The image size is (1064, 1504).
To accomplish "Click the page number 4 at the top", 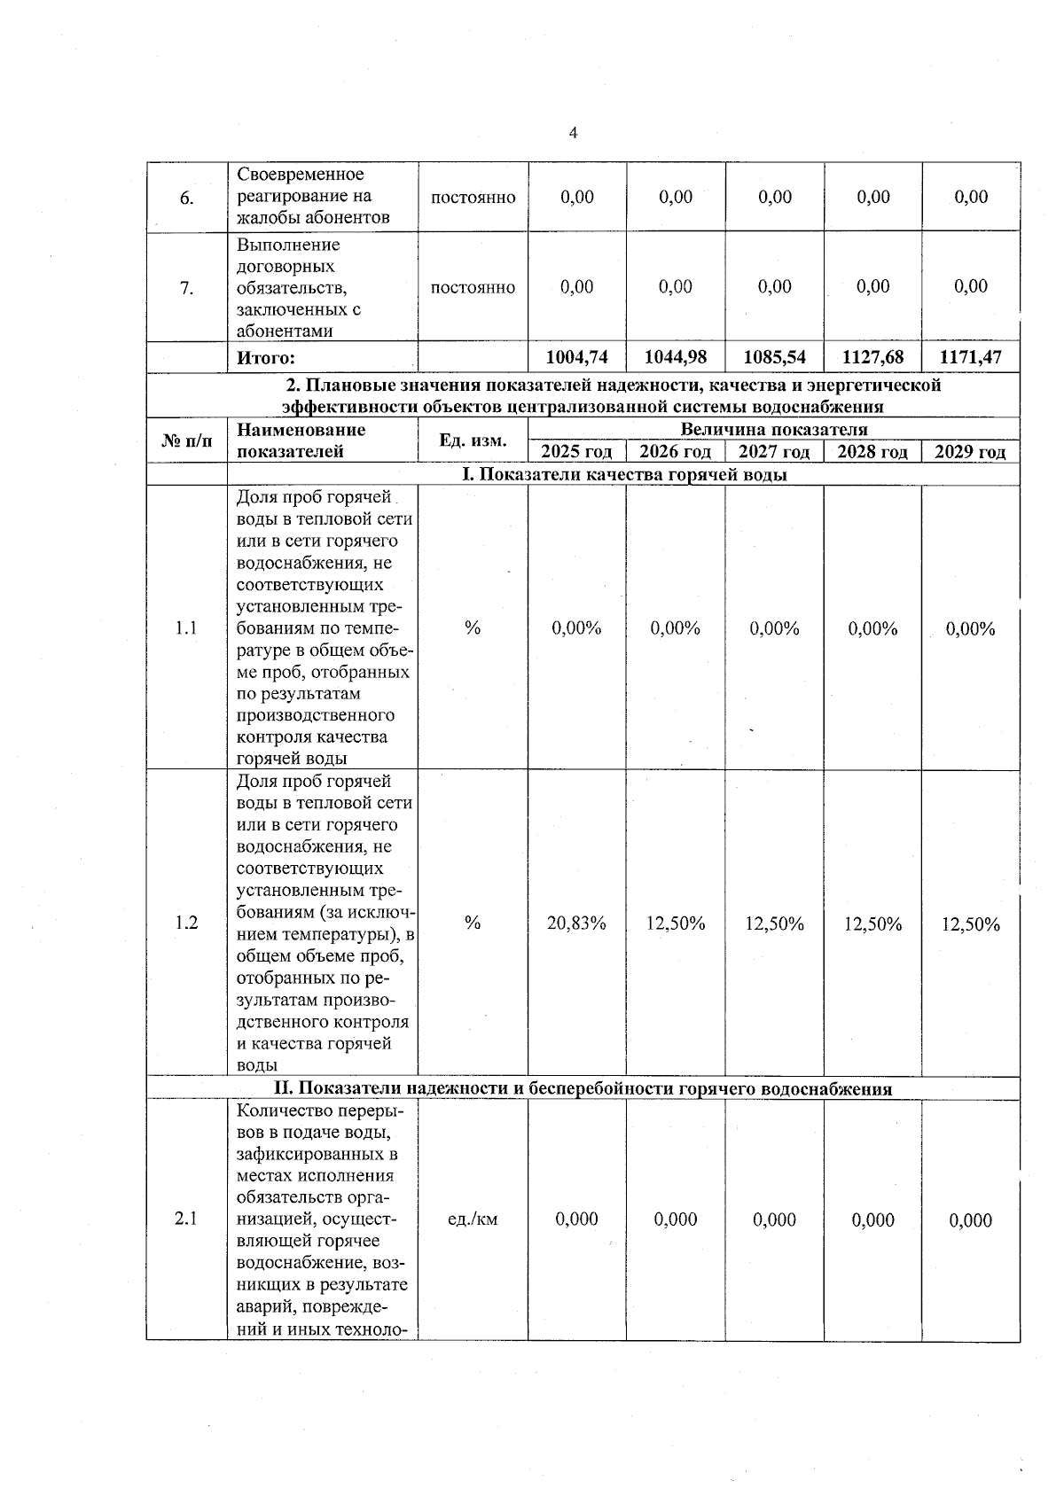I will (x=573, y=133).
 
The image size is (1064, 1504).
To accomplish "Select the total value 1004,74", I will (x=577, y=357).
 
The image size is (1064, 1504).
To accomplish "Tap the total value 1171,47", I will (x=971, y=357).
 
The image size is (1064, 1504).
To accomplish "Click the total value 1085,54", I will (x=775, y=357).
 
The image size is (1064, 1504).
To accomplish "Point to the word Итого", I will (x=265, y=358).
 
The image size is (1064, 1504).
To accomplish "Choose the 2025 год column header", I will (x=577, y=452).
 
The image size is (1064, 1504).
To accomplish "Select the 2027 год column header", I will (x=774, y=452).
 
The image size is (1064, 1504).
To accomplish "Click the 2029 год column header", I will (x=971, y=452).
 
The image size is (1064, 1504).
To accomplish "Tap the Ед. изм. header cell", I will (x=473, y=440).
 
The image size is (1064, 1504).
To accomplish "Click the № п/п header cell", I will (x=187, y=440).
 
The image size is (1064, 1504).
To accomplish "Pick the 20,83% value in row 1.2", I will (x=577, y=923).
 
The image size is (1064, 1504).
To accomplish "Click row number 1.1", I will (x=186, y=628).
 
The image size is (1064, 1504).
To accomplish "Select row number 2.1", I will (x=186, y=1219).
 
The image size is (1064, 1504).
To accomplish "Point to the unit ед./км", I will (x=473, y=1220).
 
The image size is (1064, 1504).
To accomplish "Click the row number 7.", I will (x=186, y=287).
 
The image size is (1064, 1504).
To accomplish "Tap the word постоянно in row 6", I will (x=473, y=198).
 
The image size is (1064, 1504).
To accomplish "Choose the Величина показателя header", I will (x=774, y=429).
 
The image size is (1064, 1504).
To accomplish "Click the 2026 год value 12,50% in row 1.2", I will (x=676, y=923).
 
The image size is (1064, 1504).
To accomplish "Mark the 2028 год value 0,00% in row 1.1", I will (x=872, y=628).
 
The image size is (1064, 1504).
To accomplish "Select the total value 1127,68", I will (x=872, y=357).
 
